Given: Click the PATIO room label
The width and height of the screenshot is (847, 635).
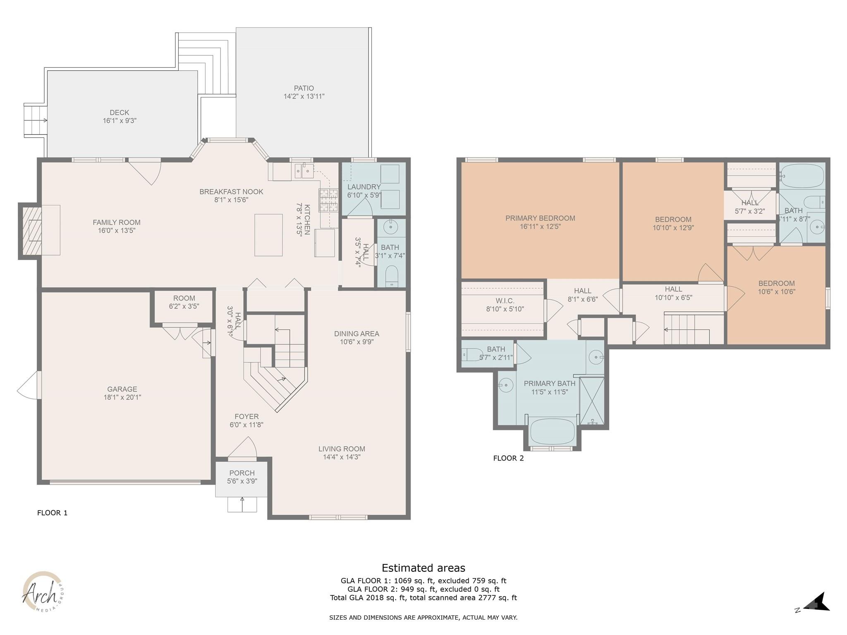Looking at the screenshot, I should coord(304,88).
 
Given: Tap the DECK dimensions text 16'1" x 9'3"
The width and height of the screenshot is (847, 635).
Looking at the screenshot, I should coord(120,121).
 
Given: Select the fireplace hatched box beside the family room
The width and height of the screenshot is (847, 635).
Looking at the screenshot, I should coord(32,230).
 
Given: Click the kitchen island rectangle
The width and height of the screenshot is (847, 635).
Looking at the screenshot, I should coord(268,235).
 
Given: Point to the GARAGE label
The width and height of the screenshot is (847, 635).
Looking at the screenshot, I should coord(122,389).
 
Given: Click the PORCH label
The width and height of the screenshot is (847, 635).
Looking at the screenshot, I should coord(242,473).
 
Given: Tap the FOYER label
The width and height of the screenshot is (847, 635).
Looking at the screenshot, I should coord(246,416).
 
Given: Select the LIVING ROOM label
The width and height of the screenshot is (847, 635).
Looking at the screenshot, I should coord(342,449).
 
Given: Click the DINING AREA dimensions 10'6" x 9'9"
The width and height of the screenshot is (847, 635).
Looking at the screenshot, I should coord(357,342).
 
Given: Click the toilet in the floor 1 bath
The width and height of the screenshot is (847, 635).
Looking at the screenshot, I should coord(391,275).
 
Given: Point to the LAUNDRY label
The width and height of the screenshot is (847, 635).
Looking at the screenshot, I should coord(364,187).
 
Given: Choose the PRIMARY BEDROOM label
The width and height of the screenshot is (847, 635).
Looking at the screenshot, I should coord(540,218).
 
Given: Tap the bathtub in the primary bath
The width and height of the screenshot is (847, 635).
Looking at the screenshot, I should coord(552,431).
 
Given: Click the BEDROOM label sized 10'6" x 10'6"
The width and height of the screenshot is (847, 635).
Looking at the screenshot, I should coord(776,283).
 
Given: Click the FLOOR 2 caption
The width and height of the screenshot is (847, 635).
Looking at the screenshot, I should coord(508,458).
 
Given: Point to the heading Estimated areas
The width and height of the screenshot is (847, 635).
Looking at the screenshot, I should coord(423,568).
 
